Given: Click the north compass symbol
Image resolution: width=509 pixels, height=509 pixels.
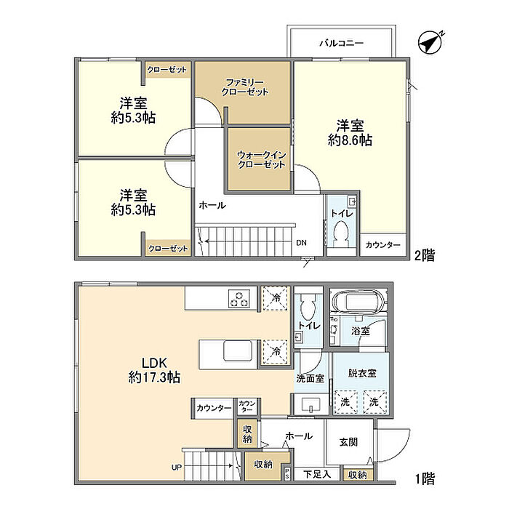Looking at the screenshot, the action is pos(430,42).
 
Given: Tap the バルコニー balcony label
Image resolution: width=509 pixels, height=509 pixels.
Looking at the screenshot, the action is pos(342,43).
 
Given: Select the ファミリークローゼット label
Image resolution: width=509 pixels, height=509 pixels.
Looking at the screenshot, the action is pos(245,87).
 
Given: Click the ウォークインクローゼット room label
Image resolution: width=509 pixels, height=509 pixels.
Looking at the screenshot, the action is pos(261,160).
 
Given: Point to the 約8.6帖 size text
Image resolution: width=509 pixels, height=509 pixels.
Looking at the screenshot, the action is pos(350,140).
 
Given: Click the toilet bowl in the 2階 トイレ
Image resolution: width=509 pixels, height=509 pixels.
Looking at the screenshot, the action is pos(341,234).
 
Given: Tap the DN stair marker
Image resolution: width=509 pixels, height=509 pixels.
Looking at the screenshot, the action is pos(301,242).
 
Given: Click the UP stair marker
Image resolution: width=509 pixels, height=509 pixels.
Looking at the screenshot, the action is pos(177,468).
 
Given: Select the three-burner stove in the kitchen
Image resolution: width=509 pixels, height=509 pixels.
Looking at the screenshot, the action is pos(239,299).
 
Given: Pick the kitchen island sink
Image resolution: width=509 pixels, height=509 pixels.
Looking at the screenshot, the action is pos(238,351).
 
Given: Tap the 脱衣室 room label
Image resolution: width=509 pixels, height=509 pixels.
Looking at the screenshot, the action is pos(362,373).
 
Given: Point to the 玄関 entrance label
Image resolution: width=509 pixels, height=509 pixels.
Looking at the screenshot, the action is pos(348,442).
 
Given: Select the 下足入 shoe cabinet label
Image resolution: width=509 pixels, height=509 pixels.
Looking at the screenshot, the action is pos(317,474).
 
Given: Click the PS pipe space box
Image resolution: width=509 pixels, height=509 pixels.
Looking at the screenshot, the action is pos(287,473).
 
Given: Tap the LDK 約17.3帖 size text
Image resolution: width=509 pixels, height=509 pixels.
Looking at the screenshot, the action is pos(154,377).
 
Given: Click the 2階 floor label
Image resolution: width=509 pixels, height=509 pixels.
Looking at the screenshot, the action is pos(425,255).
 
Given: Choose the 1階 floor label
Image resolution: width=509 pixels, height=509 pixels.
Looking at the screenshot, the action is pos(425,478).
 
